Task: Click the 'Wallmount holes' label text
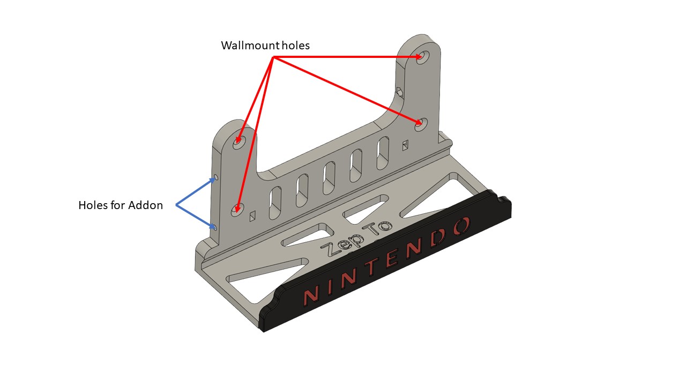[265, 46]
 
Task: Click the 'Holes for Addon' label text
[121, 205]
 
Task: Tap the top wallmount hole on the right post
[423, 57]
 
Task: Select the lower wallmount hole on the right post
[421, 124]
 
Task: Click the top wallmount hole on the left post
[239, 143]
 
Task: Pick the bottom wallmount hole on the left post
[237, 210]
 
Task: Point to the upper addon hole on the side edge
[216, 177]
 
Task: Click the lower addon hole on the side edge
[215, 228]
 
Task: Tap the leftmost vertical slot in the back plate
[275, 203]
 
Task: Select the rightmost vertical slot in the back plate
[383, 153]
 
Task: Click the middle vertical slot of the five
[329, 178]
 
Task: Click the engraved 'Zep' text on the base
[342, 244]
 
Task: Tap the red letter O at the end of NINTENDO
[462, 226]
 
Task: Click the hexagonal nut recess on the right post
[400, 92]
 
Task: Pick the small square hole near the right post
[405, 145]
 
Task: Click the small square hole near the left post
[252, 216]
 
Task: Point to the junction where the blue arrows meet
[176, 205]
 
